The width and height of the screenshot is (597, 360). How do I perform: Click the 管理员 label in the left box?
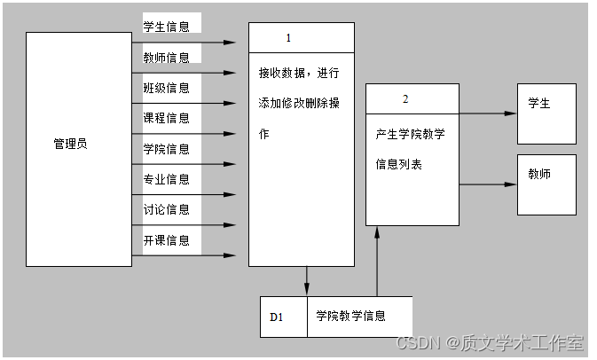pos(70,144)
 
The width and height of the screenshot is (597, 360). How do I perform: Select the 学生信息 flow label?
pos(167,27)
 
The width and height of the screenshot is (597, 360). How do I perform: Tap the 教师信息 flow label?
pos(167,58)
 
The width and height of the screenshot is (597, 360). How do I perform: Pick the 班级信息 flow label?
pos(167,88)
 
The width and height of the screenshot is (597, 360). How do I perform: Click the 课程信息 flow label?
pos(167,118)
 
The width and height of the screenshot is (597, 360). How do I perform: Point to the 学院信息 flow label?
pos(167,149)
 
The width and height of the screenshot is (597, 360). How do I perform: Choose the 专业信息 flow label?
pos(167,179)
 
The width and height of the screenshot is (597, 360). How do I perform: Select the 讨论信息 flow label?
pos(167,210)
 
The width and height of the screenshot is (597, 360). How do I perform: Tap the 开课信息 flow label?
pos(167,240)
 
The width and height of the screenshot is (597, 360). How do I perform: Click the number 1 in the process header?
pos(288,38)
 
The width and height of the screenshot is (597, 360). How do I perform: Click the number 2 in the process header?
pos(405,99)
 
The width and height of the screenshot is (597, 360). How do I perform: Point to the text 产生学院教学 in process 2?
pos(410,135)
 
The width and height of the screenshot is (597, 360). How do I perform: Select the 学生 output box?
pos(546,113)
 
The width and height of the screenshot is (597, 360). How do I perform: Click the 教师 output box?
pos(546,184)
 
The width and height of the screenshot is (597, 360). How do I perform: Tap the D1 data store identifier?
pos(276,317)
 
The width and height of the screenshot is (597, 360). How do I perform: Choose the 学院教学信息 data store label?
pos(350,317)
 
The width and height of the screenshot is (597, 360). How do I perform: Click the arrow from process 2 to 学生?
pos(488,113)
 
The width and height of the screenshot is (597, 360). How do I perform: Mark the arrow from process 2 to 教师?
pos(488,184)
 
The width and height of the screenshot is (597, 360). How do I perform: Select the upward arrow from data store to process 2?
pos(378,262)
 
